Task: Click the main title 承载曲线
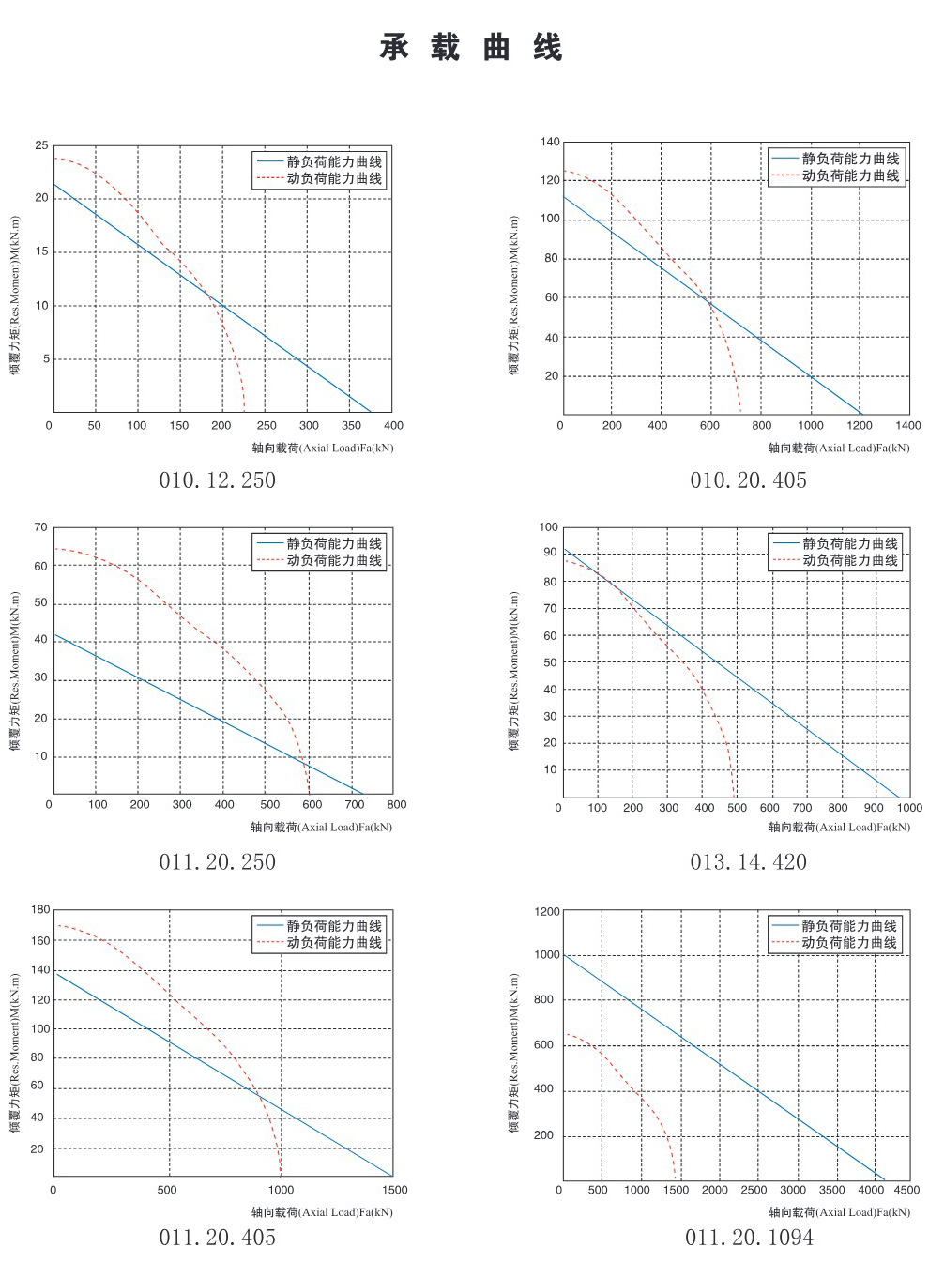(470, 47)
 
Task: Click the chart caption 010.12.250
(217, 480)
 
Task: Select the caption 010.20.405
(748, 480)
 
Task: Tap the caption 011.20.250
(217, 862)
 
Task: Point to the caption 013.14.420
(748, 862)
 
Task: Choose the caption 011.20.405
(217, 1238)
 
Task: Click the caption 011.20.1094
(749, 1238)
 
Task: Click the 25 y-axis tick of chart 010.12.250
(41, 145)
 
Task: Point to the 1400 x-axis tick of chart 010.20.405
(908, 425)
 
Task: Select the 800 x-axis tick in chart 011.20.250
(397, 804)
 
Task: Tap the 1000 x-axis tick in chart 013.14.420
(909, 807)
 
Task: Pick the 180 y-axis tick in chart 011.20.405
(40, 909)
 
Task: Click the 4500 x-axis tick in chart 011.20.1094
(906, 1190)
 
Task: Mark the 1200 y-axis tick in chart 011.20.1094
(546, 911)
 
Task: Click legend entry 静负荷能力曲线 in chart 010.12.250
(334, 161)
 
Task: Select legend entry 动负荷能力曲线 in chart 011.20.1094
(848, 942)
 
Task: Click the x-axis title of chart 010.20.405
(839, 449)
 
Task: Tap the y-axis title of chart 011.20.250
(15, 671)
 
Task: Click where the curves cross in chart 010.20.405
(709, 300)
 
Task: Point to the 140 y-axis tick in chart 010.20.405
(550, 142)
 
